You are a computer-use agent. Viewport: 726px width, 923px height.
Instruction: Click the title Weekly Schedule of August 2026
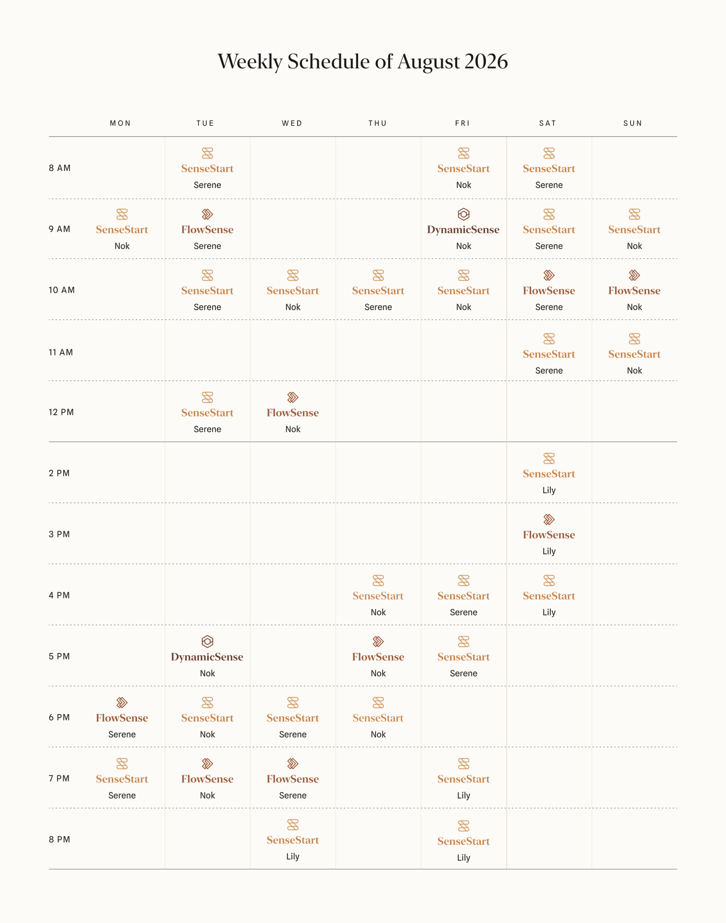362,62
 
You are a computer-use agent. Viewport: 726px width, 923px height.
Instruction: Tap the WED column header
292,123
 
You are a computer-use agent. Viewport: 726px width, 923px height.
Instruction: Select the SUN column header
632,123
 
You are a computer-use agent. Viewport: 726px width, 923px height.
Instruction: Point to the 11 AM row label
61,352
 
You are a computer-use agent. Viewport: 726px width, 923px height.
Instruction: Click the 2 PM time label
59,473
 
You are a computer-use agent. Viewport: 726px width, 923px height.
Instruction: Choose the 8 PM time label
59,839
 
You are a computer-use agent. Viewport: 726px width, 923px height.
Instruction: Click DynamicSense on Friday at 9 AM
463,230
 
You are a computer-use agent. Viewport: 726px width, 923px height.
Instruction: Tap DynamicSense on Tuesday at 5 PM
207,657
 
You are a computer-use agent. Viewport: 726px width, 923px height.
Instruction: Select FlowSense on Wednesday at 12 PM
293,412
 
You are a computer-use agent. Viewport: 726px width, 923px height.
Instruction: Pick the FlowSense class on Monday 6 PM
122,718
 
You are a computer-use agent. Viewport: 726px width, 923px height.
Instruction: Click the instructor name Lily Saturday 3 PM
549,551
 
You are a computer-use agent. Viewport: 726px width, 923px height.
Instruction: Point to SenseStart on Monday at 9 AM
122,230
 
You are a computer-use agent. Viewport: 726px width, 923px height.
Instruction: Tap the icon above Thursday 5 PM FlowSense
378,641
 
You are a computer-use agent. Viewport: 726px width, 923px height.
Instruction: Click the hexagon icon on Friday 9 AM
463,214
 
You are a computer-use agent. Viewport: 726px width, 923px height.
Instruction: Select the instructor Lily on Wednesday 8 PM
293,856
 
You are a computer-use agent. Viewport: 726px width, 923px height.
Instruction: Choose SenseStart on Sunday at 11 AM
634,354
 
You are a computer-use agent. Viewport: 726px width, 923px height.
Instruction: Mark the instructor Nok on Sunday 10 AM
634,307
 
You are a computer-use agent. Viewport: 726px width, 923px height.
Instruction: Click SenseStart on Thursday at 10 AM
378,291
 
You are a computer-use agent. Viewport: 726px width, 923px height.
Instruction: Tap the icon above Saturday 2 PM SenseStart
549,459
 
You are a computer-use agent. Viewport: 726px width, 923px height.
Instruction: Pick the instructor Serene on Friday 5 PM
463,674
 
